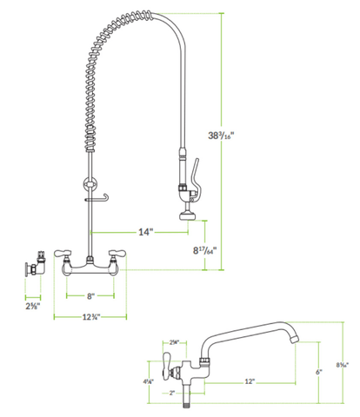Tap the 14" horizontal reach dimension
tap(146, 232)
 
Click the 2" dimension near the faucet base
tap(173, 393)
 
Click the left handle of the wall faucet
tap(65, 254)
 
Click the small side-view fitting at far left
tap(34, 262)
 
